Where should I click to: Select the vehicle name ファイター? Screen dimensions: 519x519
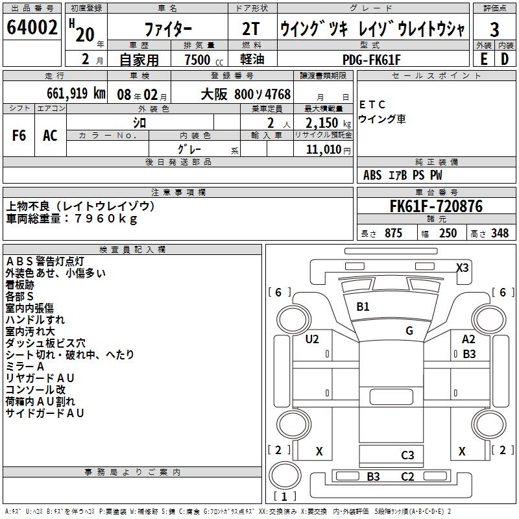pos(167,30)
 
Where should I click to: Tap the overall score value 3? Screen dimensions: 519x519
pos(494,30)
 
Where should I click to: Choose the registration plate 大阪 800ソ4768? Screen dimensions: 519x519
pos(245,93)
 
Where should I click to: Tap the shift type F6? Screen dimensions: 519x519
pos(19,136)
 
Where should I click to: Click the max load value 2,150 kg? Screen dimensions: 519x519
pos(328,122)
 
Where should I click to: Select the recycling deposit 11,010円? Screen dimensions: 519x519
pos(328,150)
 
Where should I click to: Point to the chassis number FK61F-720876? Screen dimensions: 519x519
pos(436,207)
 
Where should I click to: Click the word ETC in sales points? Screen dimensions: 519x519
pos(372,104)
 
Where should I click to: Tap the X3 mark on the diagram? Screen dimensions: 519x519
pos(463,267)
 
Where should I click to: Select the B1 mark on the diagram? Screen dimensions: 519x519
pos(363,306)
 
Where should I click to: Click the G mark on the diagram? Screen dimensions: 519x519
pos(409,330)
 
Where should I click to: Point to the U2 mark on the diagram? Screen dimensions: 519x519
pos(312,339)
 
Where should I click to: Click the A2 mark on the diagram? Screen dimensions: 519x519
pos(468,339)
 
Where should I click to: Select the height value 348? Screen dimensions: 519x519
pos(500,234)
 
